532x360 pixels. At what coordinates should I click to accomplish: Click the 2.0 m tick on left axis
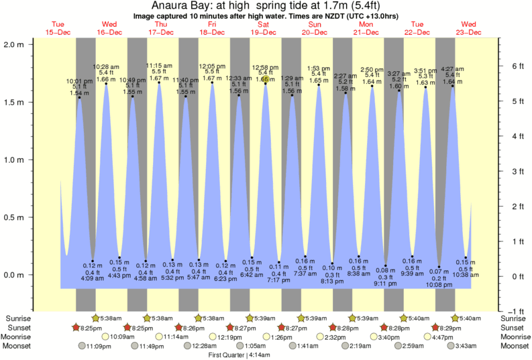click(18, 44)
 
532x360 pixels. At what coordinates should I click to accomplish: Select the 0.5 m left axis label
click(18, 217)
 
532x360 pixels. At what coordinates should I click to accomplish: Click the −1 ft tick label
click(515, 311)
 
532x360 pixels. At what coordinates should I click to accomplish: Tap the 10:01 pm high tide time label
click(79, 81)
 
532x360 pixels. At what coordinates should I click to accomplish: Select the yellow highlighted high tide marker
click(266, 79)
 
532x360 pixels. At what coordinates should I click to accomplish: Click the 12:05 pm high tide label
click(212, 66)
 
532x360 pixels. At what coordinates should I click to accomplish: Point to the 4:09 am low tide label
click(92, 278)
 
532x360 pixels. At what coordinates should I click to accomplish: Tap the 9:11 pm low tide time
click(386, 284)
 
